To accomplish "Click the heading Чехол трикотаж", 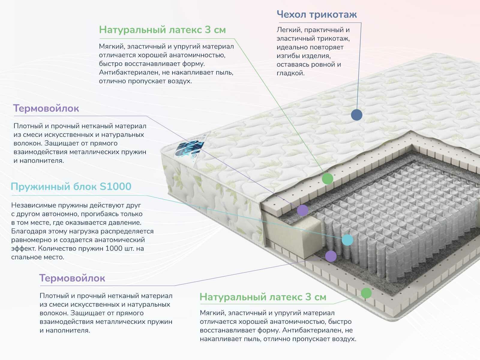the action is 316,14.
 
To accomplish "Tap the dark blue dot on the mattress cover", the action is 356,115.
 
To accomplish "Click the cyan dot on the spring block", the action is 347,240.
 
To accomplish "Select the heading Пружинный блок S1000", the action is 71,187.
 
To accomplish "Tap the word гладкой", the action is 290,73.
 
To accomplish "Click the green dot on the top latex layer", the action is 327,179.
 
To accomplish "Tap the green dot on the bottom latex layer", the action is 366,293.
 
